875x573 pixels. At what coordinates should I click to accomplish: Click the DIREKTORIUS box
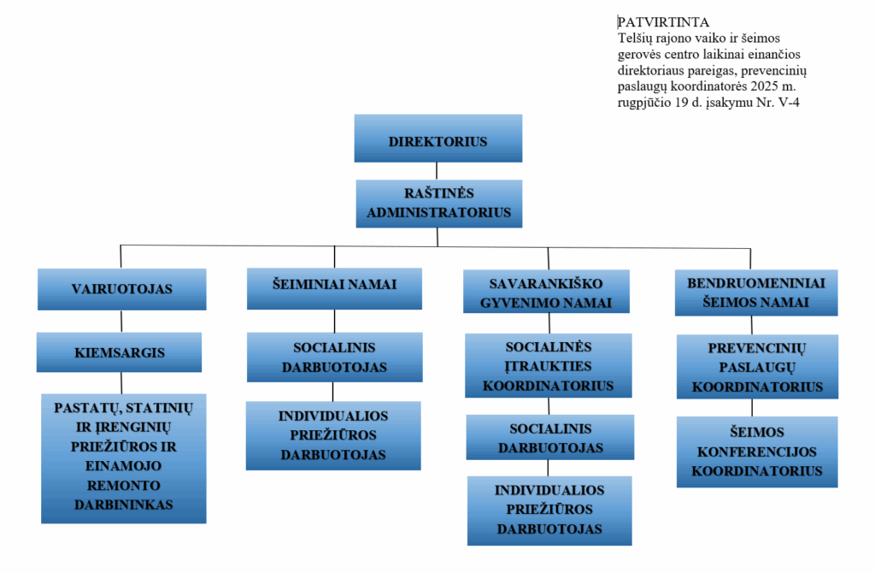[x=437, y=139]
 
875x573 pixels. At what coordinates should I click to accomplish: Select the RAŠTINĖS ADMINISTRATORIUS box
[x=438, y=203]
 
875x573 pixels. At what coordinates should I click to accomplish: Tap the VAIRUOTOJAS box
[x=121, y=289]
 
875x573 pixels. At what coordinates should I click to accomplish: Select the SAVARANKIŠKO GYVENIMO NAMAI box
[x=546, y=292]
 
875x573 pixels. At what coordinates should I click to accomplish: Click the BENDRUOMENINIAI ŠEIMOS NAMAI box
[x=751, y=291]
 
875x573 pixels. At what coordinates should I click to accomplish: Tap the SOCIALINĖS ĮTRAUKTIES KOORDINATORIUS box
[x=548, y=365]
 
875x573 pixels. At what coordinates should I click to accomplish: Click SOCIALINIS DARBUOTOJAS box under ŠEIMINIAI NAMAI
[x=334, y=357]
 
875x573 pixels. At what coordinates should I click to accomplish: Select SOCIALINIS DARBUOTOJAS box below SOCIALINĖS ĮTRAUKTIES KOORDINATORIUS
[x=549, y=437]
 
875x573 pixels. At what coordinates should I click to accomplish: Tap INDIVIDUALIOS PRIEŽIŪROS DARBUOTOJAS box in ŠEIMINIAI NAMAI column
[x=333, y=435]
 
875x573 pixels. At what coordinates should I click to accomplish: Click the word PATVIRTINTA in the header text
[x=663, y=21]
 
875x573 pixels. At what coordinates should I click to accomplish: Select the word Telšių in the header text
[x=634, y=38]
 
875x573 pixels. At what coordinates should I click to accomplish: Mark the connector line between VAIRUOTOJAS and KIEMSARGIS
[x=121, y=321]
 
